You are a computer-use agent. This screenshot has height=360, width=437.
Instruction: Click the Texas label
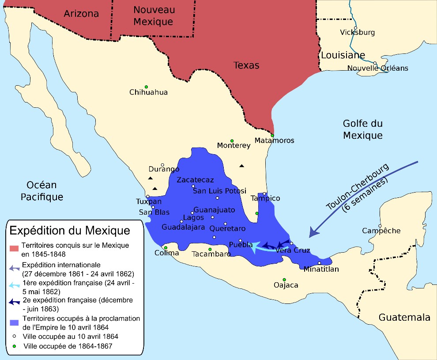point(246,65)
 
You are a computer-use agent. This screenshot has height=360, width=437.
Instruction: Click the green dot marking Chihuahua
point(146,87)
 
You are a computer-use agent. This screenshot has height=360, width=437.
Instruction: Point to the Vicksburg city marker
point(355,28)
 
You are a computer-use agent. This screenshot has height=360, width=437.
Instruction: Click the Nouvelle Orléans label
point(377,68)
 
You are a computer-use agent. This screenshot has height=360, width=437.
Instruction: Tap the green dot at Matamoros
point(272,135)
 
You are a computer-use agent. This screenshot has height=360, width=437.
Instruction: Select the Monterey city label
point(234,146)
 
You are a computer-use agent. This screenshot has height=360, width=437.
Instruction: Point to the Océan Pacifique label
point(42,191)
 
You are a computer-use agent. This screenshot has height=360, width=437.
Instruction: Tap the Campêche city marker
point(379,226)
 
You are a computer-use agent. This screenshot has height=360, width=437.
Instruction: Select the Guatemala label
point(404,317)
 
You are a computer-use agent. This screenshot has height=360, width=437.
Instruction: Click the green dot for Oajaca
point(284,280)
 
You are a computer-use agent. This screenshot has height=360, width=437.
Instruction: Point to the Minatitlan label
point(321,269)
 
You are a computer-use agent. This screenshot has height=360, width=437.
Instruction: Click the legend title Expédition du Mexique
point(70,231)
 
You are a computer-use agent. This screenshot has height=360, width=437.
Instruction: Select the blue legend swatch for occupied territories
point(15,322)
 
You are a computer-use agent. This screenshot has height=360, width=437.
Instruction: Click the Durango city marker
point(162,165)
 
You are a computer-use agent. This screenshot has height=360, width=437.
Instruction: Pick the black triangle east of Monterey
point(241,166)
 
